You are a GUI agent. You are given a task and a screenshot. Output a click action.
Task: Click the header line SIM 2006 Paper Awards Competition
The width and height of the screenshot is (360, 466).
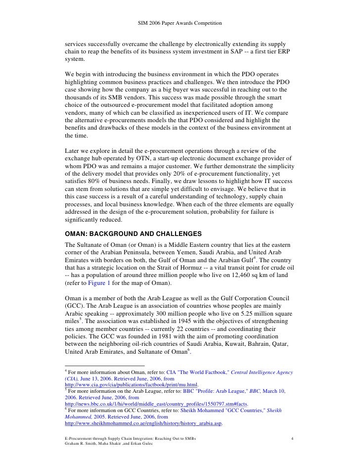[180, 23]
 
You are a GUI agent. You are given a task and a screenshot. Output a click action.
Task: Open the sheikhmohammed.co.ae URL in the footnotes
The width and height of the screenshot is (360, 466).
[144, 424]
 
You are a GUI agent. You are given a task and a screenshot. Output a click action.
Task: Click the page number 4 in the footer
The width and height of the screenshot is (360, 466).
[293, 439]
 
